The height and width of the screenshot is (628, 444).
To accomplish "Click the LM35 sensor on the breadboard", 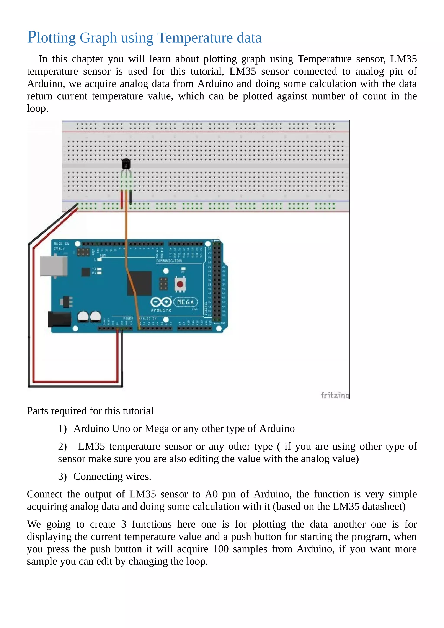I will point(126,164).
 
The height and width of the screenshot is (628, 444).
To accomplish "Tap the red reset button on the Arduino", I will point(180,284).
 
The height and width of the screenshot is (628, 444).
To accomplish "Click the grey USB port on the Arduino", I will point(54,266).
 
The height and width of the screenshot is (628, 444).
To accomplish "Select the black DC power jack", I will point(59,319).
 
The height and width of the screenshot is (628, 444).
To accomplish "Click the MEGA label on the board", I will point(186,302).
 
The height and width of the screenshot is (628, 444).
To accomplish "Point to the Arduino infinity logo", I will point(161,302).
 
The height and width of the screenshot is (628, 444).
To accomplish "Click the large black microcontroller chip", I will point(139,283).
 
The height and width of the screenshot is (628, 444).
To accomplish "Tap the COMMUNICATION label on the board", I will point(169,261).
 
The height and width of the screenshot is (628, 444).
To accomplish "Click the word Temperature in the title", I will point(195,38).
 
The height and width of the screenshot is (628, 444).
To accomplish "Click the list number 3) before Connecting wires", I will point(62,476).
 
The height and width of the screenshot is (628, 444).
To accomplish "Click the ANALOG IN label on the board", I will point(148,319).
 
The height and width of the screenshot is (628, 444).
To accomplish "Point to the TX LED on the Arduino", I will point(100,269).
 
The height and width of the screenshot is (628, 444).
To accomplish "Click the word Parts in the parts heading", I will point(37,411).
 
